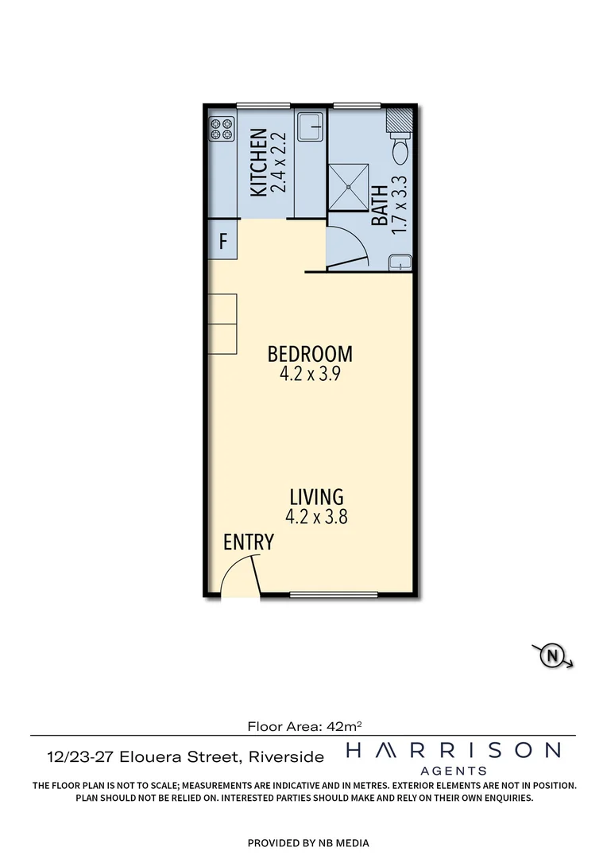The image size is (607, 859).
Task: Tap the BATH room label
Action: click(379, 204)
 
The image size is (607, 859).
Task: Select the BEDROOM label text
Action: click(310, 354)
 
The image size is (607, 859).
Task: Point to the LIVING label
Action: click(316, 497)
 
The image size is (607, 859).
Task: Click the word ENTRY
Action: click(249, 542)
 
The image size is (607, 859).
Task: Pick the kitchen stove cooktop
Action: click(222, 129)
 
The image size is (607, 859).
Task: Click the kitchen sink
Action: click(310, 126)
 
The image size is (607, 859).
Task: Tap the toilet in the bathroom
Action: click(400, 148)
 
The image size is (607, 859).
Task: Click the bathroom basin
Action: click(400, 262)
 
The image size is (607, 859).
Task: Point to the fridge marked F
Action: click(223, 240)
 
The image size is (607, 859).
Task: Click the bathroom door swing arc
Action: click(350, 247)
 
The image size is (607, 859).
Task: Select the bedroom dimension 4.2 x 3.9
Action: click(310, 375)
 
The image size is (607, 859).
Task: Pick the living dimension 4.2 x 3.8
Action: click(316, 517)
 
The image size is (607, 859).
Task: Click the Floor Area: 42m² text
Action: click(305, 725)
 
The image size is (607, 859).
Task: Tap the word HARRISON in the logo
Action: click(453, 750)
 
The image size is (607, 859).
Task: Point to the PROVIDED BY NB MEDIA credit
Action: click(308, 843)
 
